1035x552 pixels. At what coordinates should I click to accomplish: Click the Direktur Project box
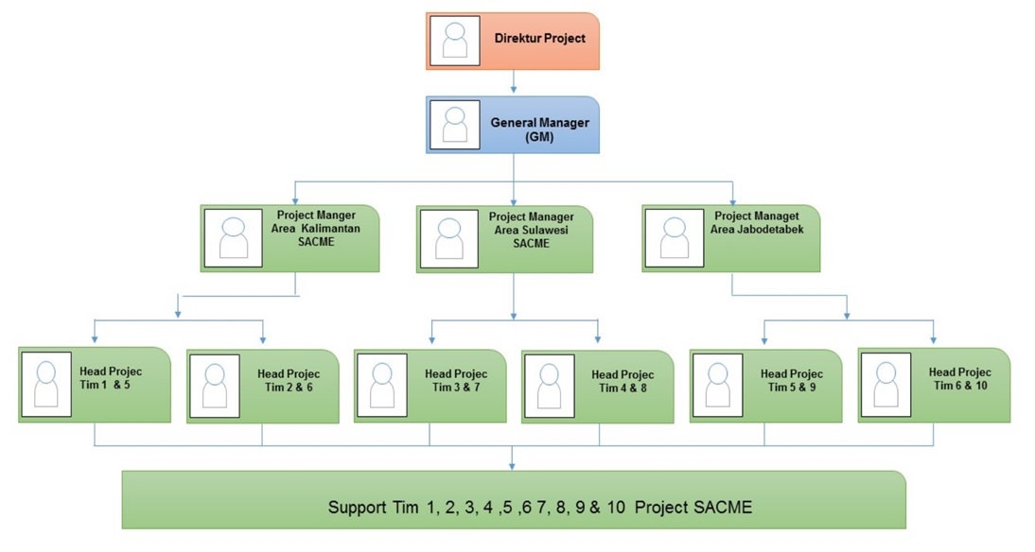coord(513,41)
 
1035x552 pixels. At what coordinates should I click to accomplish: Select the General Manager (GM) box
coord(513,125)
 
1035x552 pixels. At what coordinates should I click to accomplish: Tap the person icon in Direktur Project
coord(455,41)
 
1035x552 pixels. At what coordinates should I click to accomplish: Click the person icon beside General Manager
coord(455,125)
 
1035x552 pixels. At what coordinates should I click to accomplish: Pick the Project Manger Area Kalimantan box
coord(290,238)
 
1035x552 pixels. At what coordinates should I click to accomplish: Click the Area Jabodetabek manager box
coord(730,238)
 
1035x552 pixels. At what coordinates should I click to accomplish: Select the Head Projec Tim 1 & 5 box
coord(95,384)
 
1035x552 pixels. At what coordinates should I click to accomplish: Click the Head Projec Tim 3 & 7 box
coord(430,386)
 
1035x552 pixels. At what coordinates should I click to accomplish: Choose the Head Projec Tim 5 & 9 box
coord(764,386)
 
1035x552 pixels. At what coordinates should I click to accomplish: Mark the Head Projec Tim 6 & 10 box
coord(933,385)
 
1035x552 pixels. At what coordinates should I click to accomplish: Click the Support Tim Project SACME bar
coord(513,499)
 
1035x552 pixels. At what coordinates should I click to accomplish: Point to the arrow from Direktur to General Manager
coord(513,83)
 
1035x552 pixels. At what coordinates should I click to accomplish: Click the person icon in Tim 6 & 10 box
coord(886,385)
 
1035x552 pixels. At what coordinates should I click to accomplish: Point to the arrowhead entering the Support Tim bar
coord(513,464)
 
